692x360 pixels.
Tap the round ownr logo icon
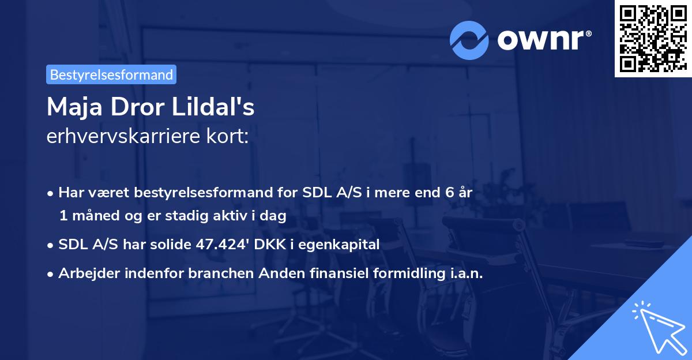tap(469, 41)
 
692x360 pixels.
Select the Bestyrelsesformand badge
tap(111, 74)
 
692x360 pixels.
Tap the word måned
tap(93, 216)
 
